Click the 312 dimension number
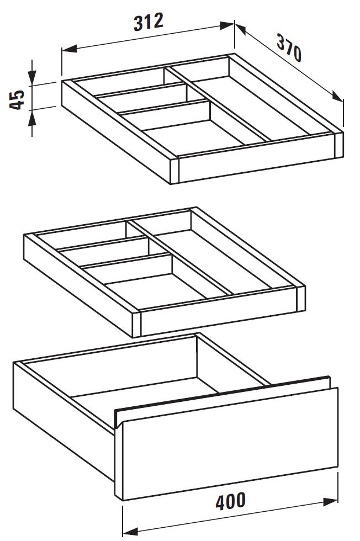click(x=148, y=22)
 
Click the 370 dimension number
click(x=289, y=47)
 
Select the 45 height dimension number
click(x=17, y=100)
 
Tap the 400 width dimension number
click(x=231, y=501)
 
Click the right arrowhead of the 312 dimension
click(x=227, y=25)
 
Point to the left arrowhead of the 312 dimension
click(x=69, y=49)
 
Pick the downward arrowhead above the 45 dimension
click(x=32, y=78)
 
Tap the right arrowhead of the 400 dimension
click(x=330, y=502)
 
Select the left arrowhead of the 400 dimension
click(x=130, y=531)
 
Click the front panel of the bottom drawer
click(x=230, y=443)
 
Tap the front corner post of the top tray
click(x=174, y=171)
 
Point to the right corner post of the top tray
click(x=339, y=145)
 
